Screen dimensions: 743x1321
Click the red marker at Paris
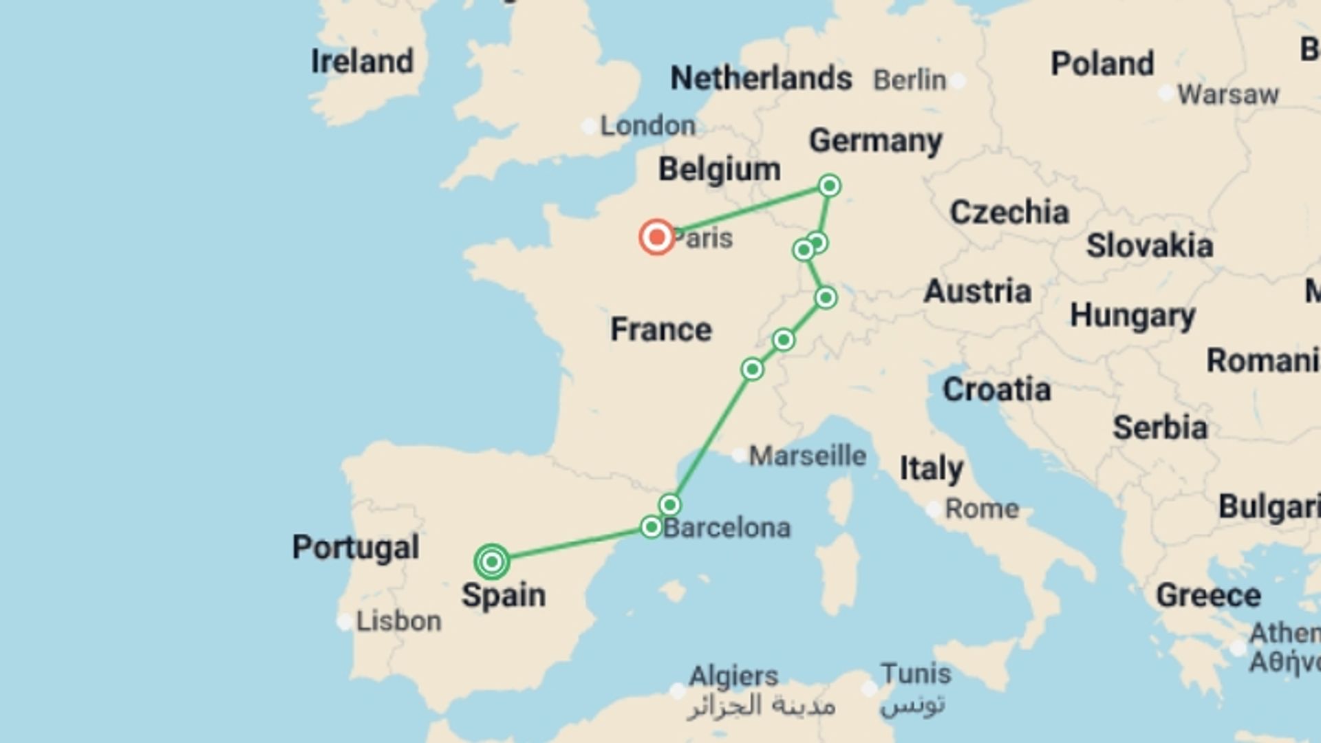(x=656, y=237)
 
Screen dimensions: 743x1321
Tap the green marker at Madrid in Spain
(x=491, y=562)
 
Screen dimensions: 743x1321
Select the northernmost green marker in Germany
(x=829, y=186)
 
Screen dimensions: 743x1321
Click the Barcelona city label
(x=727, y=528)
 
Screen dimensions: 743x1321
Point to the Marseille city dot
(x=739, y=455)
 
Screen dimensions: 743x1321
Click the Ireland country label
(x=362, y=62)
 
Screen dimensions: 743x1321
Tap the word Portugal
(x=356, y=548)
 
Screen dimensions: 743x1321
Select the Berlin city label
(x=910, y=80)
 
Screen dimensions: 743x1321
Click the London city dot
(x=589, y=127)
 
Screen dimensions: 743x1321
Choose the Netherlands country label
(x=761, y=78)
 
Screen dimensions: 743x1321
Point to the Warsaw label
(x=1227, y=94)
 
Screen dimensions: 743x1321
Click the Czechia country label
(x=1009, y=213)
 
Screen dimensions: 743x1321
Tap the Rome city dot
(x=934, y=510)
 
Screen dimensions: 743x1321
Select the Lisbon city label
(x=398, y=621)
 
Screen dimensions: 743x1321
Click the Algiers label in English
(x=733, y=676)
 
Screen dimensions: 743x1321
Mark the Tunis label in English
(x=915, y=674)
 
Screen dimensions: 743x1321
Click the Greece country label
(x=1208, y=596)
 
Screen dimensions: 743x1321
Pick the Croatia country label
(x=996, y=390)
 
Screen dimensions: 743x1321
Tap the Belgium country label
(x=719, y=169)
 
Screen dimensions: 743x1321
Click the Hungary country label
(x=1132, y=316)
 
